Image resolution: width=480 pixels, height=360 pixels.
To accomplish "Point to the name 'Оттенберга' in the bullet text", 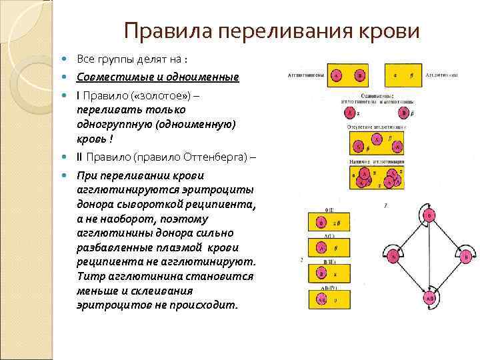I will click(x=214, y=157).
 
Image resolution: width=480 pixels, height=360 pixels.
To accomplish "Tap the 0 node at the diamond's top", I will click(x=430, y=215).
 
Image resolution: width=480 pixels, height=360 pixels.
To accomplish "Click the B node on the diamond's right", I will click(x=467, y=255).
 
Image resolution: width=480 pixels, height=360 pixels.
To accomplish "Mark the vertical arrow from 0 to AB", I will click(x=430, y=257).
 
